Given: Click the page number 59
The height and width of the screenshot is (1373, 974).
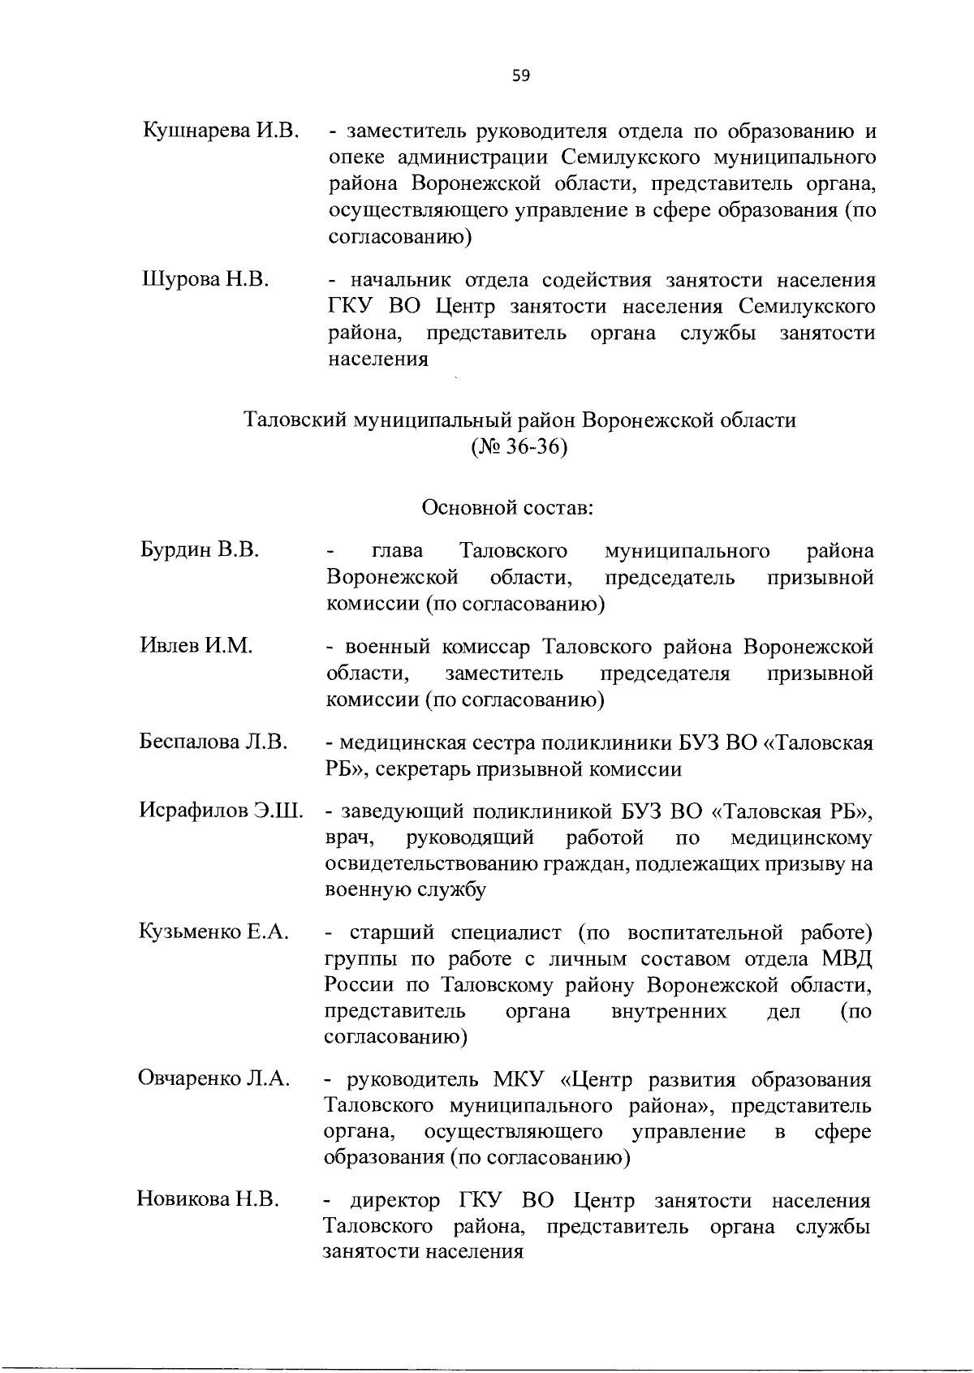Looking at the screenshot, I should (520, 76).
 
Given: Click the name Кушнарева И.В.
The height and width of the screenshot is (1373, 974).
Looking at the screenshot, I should (222, 131).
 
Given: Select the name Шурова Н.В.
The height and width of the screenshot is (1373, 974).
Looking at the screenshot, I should (205, 280).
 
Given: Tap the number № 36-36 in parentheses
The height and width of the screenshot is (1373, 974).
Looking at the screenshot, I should (519, 447).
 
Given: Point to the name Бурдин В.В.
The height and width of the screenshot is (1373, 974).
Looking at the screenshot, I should (199, 551).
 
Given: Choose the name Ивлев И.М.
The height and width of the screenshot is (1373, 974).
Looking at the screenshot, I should (196, 646).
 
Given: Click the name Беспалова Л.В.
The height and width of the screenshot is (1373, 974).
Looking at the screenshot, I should (213, 742).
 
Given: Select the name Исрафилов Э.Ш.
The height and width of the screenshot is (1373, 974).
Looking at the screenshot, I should (221, 811).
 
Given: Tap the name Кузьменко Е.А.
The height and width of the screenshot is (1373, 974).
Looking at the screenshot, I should (214, 932).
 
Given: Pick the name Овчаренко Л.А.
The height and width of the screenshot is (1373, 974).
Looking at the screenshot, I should (214, 1079).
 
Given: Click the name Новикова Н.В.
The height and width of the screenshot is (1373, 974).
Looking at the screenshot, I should (208, 1199).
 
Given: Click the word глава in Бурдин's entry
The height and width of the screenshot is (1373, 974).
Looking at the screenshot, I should (397, 552).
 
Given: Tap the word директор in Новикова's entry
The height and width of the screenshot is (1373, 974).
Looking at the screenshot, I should (394, 1200).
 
